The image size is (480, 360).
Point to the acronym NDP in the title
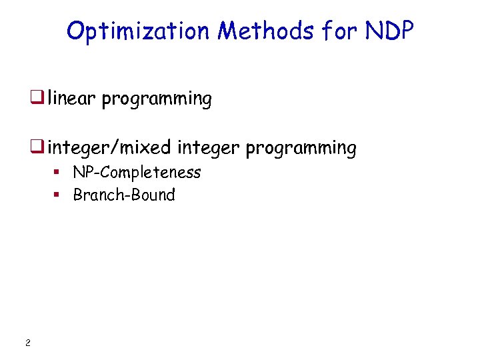391,31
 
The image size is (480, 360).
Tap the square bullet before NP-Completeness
57,173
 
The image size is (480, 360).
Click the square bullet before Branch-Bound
57,195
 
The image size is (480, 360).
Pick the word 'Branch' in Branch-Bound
93,195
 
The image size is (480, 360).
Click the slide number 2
27,343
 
